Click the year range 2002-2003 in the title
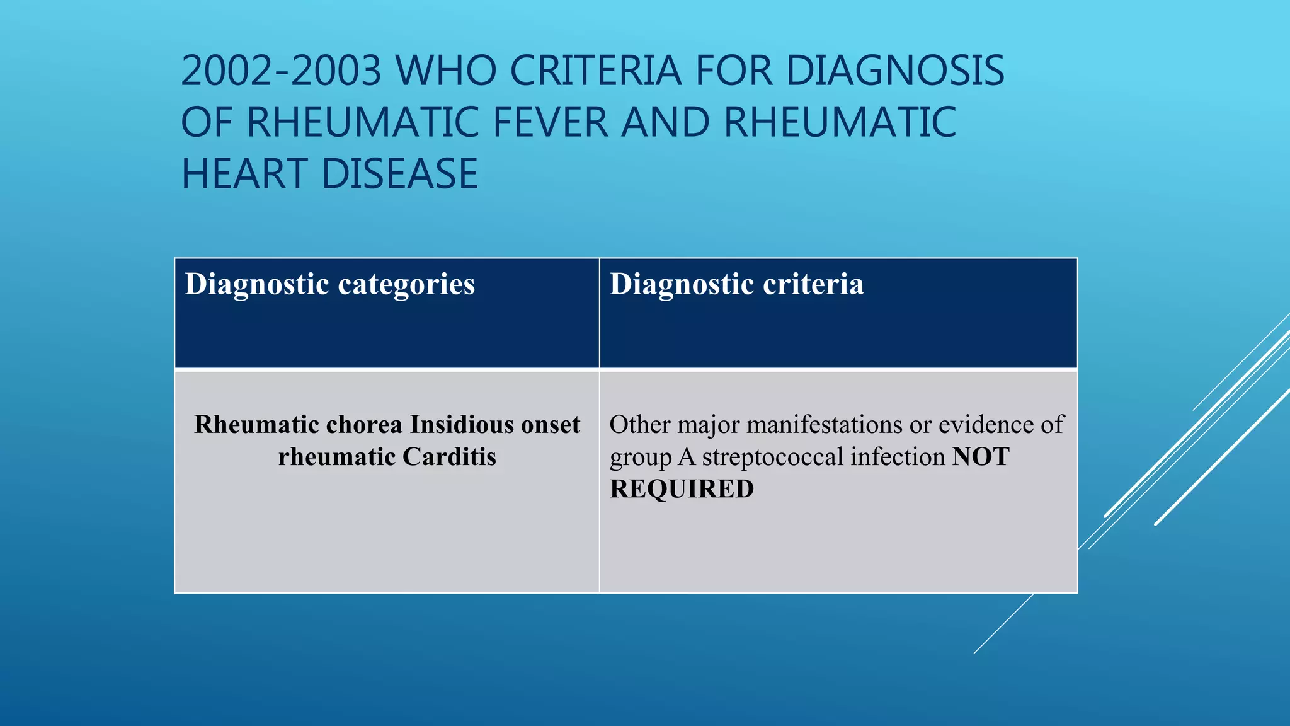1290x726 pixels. coord(281,70)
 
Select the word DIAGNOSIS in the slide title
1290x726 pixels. coord(895,70)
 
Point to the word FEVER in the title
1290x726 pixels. coord(550,122)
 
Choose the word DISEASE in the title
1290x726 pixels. coord(400,174)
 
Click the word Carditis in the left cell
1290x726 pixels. coord(449,456)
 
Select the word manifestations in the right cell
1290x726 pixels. coord(825,424)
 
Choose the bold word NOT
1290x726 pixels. coord(981,456)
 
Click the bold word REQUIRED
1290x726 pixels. coord(682,489)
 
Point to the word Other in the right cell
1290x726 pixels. coord(639,424)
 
